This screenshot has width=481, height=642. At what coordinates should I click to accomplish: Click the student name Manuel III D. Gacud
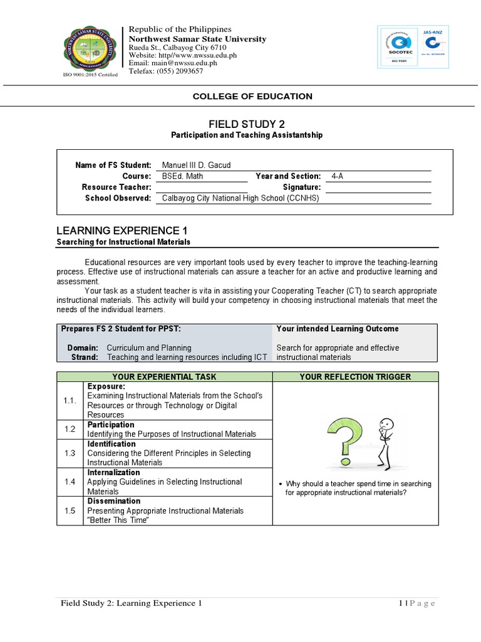coord(196,166)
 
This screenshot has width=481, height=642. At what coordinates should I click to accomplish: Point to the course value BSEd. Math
coord(182,176)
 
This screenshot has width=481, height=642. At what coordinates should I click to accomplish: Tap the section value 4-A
coord(337,176)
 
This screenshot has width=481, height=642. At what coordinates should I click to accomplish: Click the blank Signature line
coord(378,187)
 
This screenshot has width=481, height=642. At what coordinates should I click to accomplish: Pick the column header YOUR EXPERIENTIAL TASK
coord(164,377)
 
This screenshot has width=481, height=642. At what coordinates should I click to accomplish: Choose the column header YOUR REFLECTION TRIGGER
coord(355,377)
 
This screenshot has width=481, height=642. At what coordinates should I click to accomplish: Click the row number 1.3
coord(70,453)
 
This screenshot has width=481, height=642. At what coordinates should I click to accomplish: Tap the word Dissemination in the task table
coord(113,502)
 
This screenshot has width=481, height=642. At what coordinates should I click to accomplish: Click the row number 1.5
coord(70,511)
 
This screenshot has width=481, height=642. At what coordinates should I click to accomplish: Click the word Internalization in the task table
coord(114,473)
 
